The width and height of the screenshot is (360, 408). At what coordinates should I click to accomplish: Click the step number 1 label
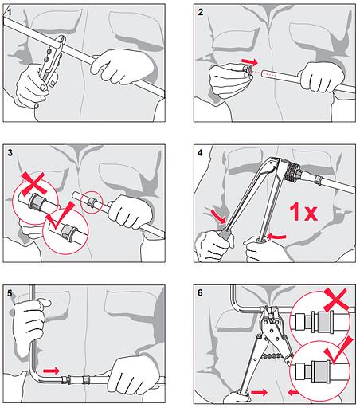[10, 13]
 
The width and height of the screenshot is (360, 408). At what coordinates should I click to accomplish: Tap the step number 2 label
[201, 12]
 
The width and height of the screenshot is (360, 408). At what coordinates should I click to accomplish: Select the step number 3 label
[10, 153]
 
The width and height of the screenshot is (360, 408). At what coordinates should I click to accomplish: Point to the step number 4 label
[200, 153]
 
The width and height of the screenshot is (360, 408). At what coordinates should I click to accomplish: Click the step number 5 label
[10, 293]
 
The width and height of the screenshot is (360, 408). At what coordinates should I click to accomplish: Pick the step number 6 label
[200, 292]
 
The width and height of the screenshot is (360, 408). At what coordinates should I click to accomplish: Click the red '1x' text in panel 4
[303, 212]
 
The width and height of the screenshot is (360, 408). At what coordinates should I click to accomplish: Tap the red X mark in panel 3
[33, 183]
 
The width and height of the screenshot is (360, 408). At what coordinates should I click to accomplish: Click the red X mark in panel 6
[336, 300]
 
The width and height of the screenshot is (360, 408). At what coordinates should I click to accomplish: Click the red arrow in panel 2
[249, 62]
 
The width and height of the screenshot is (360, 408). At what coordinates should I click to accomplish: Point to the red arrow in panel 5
[51, 371]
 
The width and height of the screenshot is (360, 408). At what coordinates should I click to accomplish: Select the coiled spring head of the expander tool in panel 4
[292, 171]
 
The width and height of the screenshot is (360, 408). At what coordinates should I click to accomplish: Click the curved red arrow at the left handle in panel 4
[218, 216]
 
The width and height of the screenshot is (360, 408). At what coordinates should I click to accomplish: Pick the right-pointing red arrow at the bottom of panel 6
[259, 393]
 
